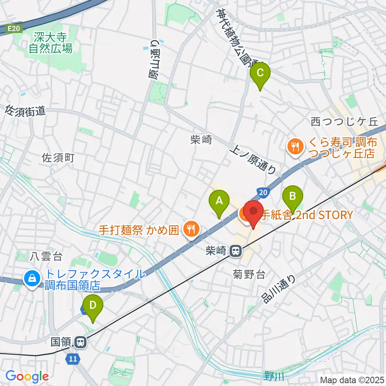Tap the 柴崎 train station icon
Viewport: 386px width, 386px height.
tap(236, 251)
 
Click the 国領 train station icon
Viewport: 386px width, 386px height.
tap(80, 342)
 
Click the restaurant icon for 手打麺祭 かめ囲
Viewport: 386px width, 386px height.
tap(189, 230)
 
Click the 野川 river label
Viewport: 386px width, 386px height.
tap(275, 376)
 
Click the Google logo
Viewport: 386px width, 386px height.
tap(27, 376)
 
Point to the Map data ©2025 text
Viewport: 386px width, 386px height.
tap(351, 380)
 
